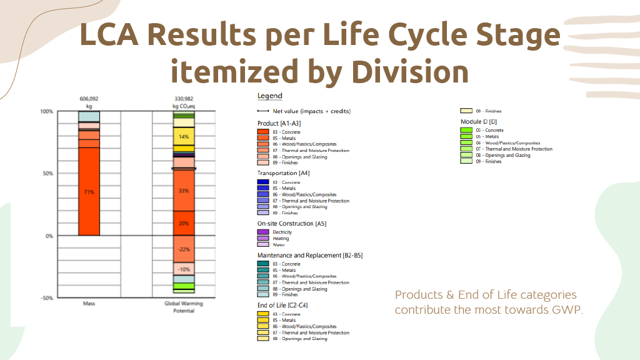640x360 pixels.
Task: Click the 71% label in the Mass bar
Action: click(89, 192)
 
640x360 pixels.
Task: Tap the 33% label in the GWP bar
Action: click(184, 191)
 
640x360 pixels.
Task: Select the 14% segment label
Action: click(184, 137)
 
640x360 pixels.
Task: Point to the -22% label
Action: click(184, 249)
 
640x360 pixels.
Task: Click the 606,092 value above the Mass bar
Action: click(89, 99)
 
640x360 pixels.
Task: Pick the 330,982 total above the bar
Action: click(184, 99)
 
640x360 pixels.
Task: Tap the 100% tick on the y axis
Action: click(47, 112)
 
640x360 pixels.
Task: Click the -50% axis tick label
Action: click(47, 298)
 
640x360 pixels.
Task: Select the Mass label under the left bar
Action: click(89, 304)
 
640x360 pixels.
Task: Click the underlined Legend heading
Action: click(270, 96)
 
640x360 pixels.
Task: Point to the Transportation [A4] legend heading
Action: click(283, 173)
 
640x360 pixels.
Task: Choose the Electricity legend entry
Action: click(282, 232)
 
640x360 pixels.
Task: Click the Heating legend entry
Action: click(281, 238)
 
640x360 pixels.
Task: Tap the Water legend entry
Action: click(278, 244)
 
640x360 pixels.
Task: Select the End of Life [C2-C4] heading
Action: click(282, 305)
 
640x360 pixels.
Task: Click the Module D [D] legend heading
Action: click(479, 121)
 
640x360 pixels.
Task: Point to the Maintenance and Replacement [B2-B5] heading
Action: click(310, 255)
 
